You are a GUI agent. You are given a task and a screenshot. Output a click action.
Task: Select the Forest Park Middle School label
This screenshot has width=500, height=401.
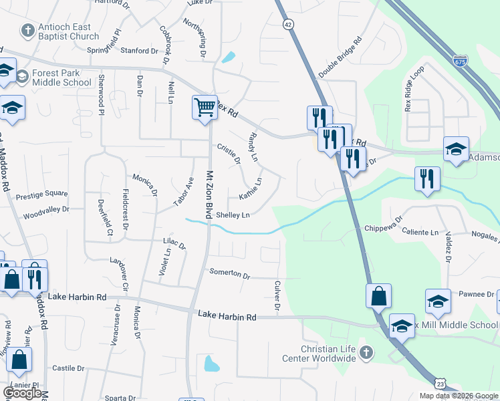(x=63, y=78)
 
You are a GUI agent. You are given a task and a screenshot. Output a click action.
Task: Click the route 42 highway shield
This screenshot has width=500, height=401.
(x=287, y=23)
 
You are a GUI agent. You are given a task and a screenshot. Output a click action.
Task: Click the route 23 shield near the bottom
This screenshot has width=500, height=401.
(x=439, y=383)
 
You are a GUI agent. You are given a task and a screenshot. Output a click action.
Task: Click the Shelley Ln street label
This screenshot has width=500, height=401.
(x=233, y=215)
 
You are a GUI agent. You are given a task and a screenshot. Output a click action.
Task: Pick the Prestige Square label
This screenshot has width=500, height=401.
(x=41, y=194)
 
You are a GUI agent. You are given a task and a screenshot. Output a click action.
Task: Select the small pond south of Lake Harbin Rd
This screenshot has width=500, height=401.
(x=211, y=364)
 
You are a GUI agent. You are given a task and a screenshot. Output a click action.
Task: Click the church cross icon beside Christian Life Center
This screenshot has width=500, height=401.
(x=365, y=352)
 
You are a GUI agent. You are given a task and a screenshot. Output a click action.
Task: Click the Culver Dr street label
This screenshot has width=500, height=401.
(x=277, y=295)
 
